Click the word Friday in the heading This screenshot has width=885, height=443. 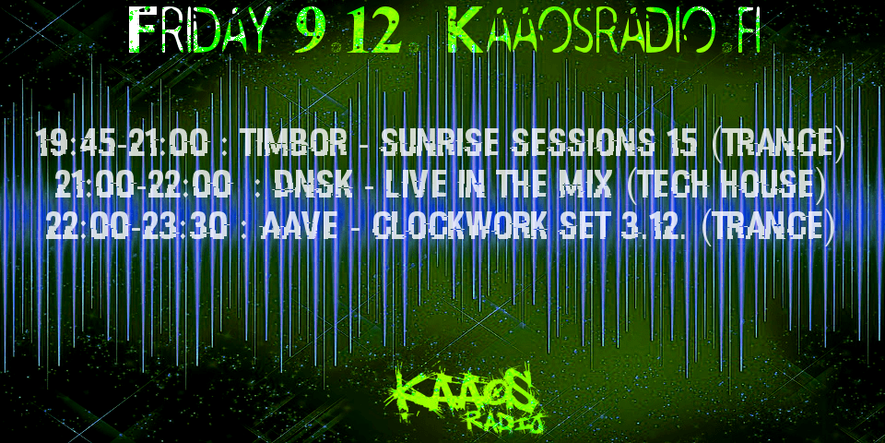pos(197,30)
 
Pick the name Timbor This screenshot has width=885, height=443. pos(293,143)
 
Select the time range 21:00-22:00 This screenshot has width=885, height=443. pos(144,186)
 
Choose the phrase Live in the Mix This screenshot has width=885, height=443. pos(497,186)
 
